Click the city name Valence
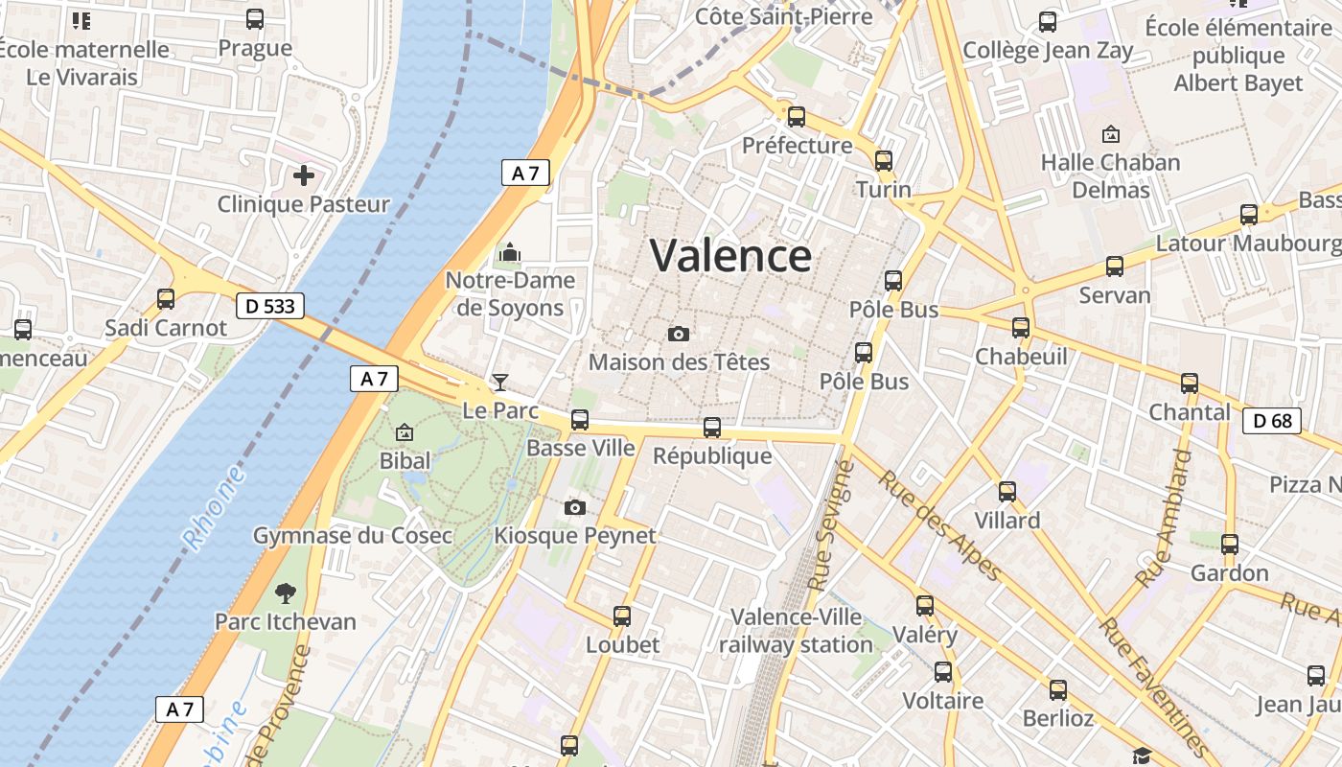pos(730,255)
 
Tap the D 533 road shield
pos(270,306)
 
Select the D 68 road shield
pos(1271,420)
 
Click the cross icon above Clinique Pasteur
pos(304,175)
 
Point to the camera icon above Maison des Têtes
pos(679,334)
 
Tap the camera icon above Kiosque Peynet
pos(575,507)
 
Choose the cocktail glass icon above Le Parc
pos(499,383)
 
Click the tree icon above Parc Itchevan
pos(285,593)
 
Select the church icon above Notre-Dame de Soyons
pos(510,252)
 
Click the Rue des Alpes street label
pos(940,525)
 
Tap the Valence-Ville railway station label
pos(796,630)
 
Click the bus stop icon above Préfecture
pos(797,117)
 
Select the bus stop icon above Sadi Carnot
pos(166,298)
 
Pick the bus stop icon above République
pos(712,428)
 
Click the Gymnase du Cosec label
pos(352,535)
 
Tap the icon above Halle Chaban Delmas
pos(1111,134)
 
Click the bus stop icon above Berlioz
pos(1057,690)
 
